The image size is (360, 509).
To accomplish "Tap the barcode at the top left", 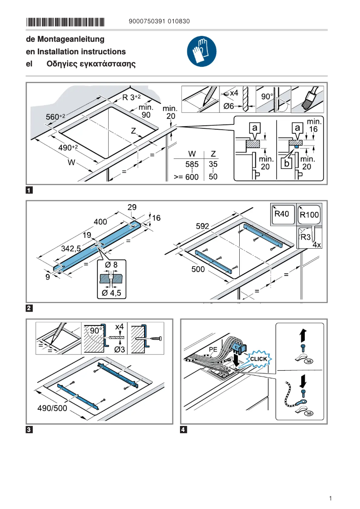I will (65, 22).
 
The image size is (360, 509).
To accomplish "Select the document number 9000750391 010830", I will (159, 22).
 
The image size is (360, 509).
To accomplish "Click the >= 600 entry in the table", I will (186, 177).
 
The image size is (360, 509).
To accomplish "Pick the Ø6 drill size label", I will (229, 106).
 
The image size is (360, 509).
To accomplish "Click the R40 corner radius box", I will (281, 214).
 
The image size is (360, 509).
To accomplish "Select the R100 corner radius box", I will (309, 215).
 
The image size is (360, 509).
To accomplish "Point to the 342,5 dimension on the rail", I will (70, 248).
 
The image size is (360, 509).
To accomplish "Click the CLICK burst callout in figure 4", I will (259, 359).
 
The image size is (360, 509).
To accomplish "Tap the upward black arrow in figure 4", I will (303, 335).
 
